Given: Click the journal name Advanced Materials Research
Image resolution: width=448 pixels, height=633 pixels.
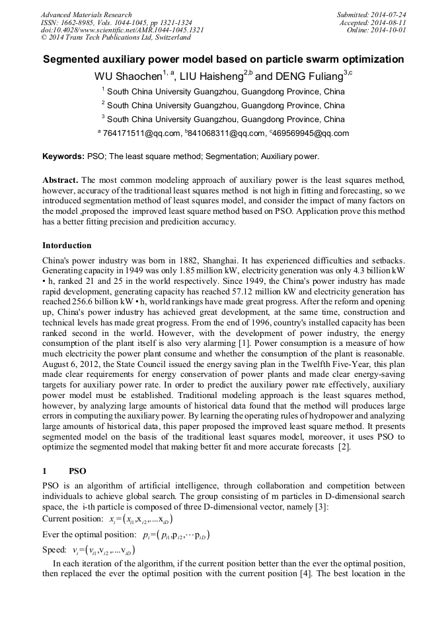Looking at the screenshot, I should (x=86, y=15).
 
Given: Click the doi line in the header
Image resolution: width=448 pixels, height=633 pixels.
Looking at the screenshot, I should (x=122, y=30).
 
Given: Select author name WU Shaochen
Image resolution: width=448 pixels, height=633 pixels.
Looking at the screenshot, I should (x=128, y=76).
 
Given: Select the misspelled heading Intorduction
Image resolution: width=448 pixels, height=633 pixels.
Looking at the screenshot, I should (x=67, y=246).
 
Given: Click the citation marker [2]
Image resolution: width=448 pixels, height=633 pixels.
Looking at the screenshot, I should (x=343, y=448).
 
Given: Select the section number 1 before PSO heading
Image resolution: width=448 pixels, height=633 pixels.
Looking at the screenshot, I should (x=44, y=471).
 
